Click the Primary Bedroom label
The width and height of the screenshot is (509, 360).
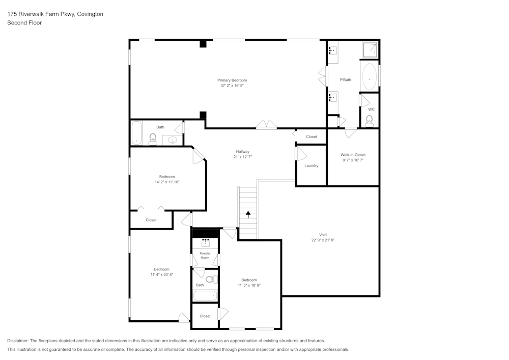232,80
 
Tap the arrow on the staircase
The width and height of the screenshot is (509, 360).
248,214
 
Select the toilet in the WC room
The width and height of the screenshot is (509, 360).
370,121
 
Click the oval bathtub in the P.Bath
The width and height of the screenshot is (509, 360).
369,76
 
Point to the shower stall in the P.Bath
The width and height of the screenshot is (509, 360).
370,49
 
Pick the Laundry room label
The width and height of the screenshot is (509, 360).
311,165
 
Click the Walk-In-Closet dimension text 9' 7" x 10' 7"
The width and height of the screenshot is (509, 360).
353,160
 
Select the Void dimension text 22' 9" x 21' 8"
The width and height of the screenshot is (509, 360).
323,240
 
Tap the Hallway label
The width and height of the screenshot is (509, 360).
242,151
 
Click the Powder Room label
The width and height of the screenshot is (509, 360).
205,255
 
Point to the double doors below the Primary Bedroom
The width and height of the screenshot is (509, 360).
266,125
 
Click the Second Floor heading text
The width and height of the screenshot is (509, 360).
24,23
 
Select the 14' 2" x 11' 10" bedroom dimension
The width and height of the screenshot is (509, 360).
167,182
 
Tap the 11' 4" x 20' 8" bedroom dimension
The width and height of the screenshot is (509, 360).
162,274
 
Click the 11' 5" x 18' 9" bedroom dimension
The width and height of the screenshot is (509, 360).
249,286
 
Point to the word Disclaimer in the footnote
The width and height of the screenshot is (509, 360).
18,341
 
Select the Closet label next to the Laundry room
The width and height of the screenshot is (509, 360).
312,136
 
